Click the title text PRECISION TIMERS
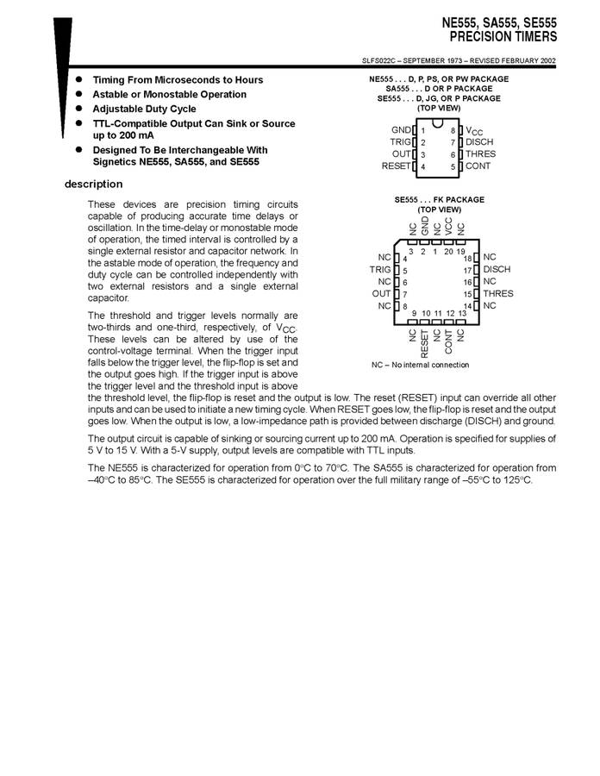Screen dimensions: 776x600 (503, 37)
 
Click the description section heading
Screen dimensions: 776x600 (94, 185)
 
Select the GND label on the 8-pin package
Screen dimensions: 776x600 (401, 130)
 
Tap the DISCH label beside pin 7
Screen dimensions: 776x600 (479, 142)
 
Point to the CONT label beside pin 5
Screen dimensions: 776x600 (478, 166)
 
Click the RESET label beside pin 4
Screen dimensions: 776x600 (396, 166)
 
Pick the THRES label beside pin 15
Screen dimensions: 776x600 (497, 294)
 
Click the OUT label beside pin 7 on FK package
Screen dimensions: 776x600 (381, 294)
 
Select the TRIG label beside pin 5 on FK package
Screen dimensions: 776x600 (380, 270)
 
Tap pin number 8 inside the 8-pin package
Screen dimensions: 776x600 (452, 130)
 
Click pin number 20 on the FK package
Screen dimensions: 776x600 (448, 251)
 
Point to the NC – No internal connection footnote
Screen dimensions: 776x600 (421, 365)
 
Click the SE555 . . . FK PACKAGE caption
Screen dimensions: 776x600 (439, 200)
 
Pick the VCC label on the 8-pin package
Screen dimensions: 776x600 (474, 131)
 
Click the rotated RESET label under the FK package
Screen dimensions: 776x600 (425, 342)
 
